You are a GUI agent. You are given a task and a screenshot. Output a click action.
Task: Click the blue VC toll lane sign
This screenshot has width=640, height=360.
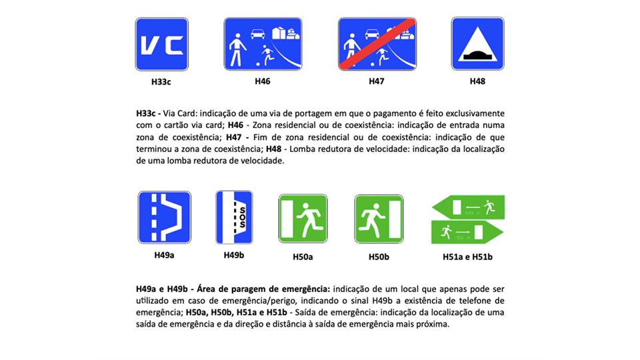point(161,44)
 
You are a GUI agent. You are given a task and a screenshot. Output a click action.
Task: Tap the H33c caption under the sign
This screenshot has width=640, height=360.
point(161,81)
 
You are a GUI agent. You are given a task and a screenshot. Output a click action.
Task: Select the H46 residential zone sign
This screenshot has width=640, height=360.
point(263,44)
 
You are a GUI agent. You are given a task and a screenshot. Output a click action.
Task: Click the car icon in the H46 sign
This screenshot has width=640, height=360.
point(257,33)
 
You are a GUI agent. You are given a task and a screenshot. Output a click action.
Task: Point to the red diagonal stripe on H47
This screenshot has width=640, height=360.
point(377,44)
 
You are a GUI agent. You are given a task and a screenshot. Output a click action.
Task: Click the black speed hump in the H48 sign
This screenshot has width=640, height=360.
point(477,54)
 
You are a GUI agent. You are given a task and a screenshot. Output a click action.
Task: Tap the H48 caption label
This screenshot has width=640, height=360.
point(477,81)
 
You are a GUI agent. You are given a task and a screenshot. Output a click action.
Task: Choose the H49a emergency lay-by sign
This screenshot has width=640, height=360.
point(165,217)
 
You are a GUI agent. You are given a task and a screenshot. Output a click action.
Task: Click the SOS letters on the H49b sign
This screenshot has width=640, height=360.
point(243,217)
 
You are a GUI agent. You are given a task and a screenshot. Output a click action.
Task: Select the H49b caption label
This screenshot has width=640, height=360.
point(234,255)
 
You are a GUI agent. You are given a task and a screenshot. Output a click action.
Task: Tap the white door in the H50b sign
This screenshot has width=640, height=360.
point(395,219)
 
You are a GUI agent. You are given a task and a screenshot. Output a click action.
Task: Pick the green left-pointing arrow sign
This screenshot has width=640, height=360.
point(468,207)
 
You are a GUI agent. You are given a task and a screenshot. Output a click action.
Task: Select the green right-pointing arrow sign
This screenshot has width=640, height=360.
point(467,232)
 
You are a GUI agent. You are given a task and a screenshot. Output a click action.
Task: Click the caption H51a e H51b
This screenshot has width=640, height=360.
point(468,257)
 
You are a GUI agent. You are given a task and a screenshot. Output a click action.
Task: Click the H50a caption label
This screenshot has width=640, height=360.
point(303,257)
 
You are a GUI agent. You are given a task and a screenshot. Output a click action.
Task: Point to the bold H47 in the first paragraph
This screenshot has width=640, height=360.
point(234,137)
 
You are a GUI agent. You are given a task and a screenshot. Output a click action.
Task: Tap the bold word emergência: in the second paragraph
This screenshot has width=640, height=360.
point(304,289)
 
